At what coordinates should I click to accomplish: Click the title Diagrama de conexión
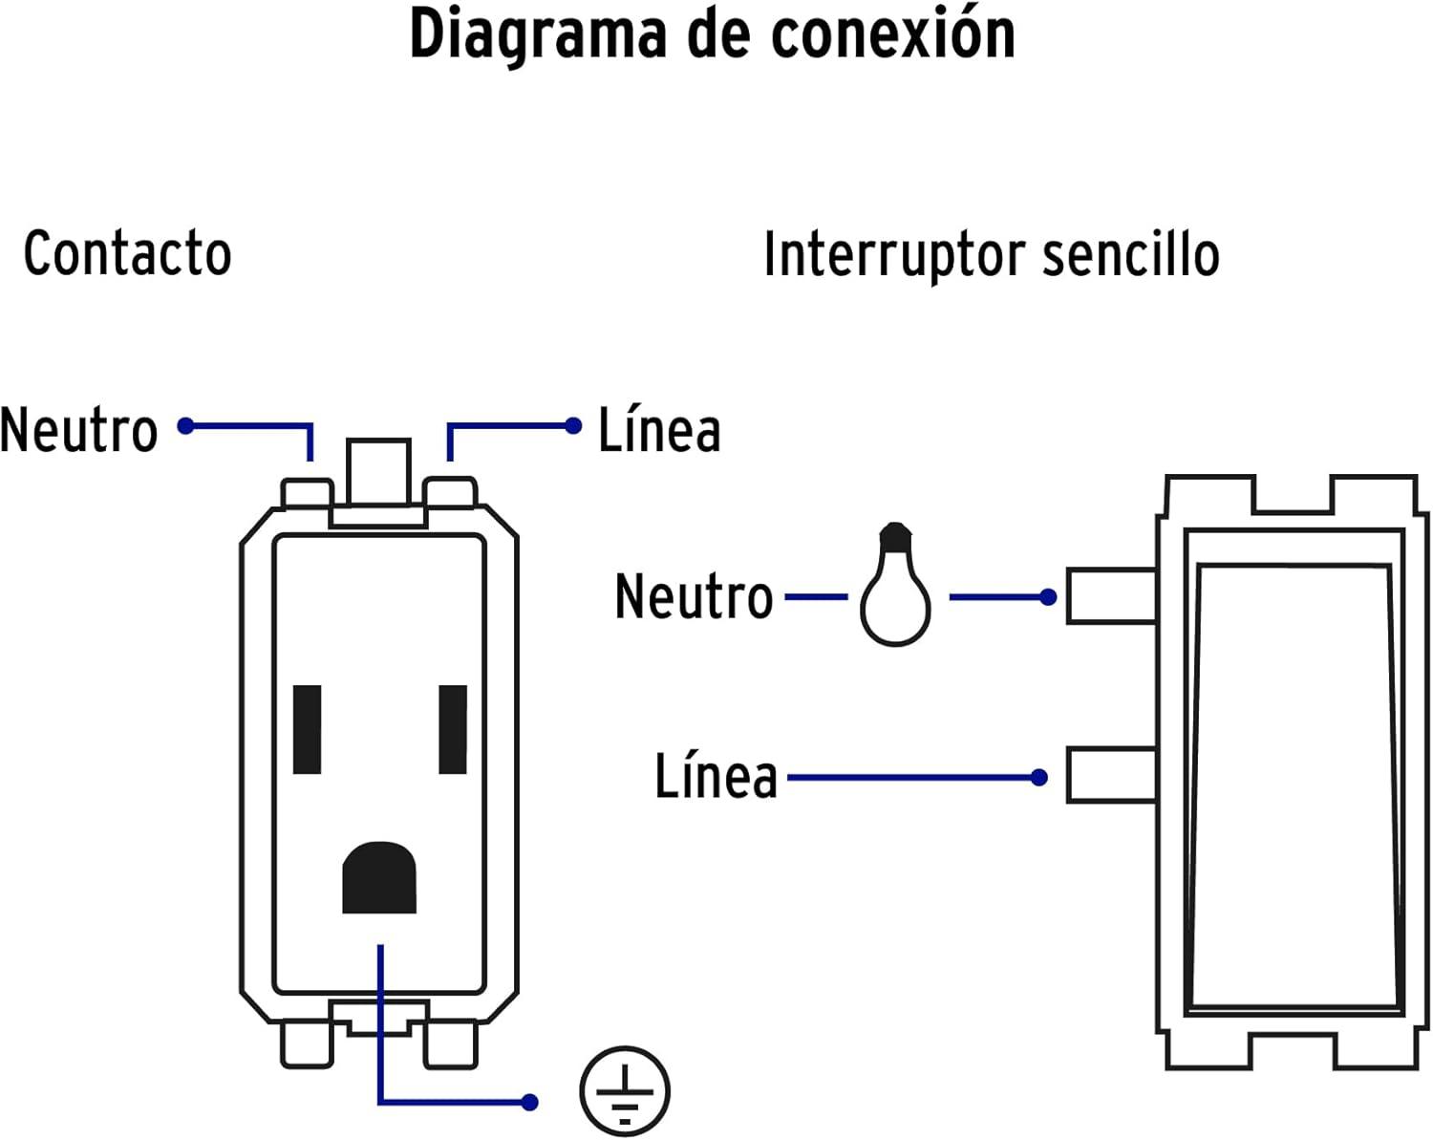[712, 34]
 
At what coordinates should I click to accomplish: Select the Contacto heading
[127, 254]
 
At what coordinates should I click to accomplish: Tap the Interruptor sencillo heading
[991, 255]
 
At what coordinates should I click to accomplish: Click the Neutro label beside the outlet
[78, 430]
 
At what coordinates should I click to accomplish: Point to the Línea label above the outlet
[659, 430]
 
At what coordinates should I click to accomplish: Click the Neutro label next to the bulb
[694, 596]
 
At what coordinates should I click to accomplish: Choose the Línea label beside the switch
[716, 776]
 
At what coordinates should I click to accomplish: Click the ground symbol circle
[625, 1090]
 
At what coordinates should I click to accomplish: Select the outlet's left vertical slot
[307, 729]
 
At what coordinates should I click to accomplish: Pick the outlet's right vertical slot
[453, 729]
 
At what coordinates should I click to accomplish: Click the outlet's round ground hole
[379, 876]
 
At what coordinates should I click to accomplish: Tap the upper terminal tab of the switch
[1110, 596]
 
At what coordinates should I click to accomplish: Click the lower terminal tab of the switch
[1110, 776]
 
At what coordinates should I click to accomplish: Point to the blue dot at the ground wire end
[530, 1102]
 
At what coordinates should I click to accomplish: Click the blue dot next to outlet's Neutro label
[186, 425]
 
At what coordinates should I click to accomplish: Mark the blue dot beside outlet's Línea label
[573, 425]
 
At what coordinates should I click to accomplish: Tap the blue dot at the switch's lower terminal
[1039, 778]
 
